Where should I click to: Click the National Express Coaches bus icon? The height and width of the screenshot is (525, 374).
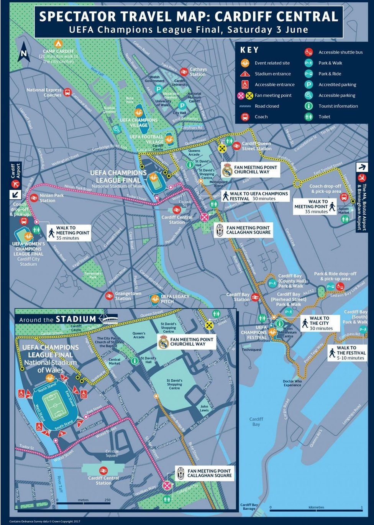point(67,92)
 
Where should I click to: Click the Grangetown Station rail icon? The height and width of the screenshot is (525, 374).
point(109,295)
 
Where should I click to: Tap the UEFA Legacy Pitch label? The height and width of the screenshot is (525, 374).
point(175,299)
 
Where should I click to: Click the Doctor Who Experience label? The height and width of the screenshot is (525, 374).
point(292,383)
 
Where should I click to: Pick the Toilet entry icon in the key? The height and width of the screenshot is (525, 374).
point(308,116)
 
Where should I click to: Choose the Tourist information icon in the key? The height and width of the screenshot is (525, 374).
point(308,106)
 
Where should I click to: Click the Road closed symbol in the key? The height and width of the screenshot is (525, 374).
point(245,106)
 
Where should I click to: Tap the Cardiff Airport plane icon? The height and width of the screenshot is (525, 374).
point(16,184)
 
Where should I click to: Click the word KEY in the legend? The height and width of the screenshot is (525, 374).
point(249,50)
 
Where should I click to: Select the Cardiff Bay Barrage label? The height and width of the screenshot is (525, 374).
point(249,507)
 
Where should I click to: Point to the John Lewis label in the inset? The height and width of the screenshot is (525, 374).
point(204,408)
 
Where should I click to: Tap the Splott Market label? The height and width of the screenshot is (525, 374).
point(343,210)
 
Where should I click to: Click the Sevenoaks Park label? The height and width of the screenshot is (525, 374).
point(93,275)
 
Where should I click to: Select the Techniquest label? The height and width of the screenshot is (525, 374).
point(251,349)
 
